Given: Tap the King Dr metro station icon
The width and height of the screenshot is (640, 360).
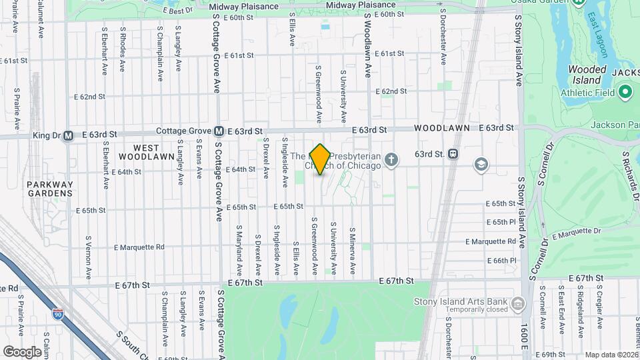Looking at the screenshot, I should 67,136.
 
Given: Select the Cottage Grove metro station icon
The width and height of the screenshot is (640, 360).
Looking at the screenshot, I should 219,132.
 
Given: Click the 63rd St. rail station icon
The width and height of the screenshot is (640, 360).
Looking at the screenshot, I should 453,154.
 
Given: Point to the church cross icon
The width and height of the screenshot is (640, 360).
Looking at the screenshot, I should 391,160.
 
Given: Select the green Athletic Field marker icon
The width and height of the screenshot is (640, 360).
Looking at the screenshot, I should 625,92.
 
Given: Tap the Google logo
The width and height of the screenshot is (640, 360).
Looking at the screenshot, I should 22,351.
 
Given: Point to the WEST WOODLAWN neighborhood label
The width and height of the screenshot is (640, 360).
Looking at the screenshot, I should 139,152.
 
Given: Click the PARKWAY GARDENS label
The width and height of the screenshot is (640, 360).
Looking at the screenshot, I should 49,189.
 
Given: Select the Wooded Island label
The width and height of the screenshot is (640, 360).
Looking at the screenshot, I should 587,75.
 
